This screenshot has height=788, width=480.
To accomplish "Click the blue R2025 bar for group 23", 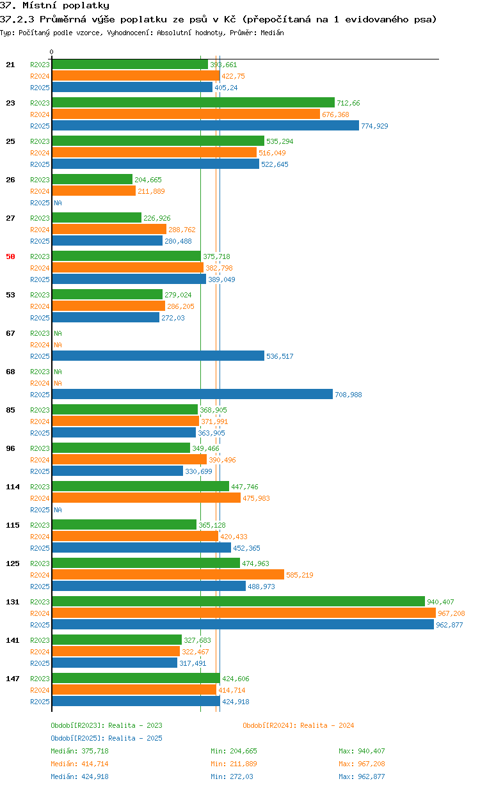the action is pyautogui.click(x=205, y=125).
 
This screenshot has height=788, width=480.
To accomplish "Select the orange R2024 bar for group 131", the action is pyautogui.click(x=244, y=613).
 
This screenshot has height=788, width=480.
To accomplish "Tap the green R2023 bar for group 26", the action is pyautogui.click(x=92, y=179).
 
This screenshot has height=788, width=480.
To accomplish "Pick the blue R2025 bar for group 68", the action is pyautogui.click(x=193, y=395).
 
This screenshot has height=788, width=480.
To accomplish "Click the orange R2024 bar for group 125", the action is pyautogui.click(x=168, y=575).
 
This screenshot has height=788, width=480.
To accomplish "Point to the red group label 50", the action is pyautogui.click(x=10, y=256).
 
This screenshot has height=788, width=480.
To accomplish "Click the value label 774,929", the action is pyautogui.click(x=374, y=126).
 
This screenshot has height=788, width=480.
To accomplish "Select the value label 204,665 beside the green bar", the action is pyautogui.click(x=148, y=180).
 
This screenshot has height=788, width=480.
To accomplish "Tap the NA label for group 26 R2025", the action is pyautogui.click(x=58, y=203).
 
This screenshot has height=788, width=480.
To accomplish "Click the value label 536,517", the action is pyautogui.click(x=280, y=356).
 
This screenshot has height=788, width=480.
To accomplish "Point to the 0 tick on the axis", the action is pyautogui.click(x=52, y=52).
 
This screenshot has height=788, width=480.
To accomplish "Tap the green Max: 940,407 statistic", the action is pyautogui.click(x=362, y=751).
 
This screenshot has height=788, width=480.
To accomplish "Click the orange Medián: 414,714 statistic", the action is pyautogui.click(x=79, y=764).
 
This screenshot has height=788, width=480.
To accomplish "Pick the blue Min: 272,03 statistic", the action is pyautogui.click(x=232, y=776).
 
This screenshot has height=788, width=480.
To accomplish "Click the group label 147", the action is pyautogui.click(x=13, y=679).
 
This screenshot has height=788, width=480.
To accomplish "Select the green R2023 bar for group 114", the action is pyautogui.click(x=141, y=486).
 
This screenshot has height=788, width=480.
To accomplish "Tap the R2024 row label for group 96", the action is pyautogui.click(x=40, y=460).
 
